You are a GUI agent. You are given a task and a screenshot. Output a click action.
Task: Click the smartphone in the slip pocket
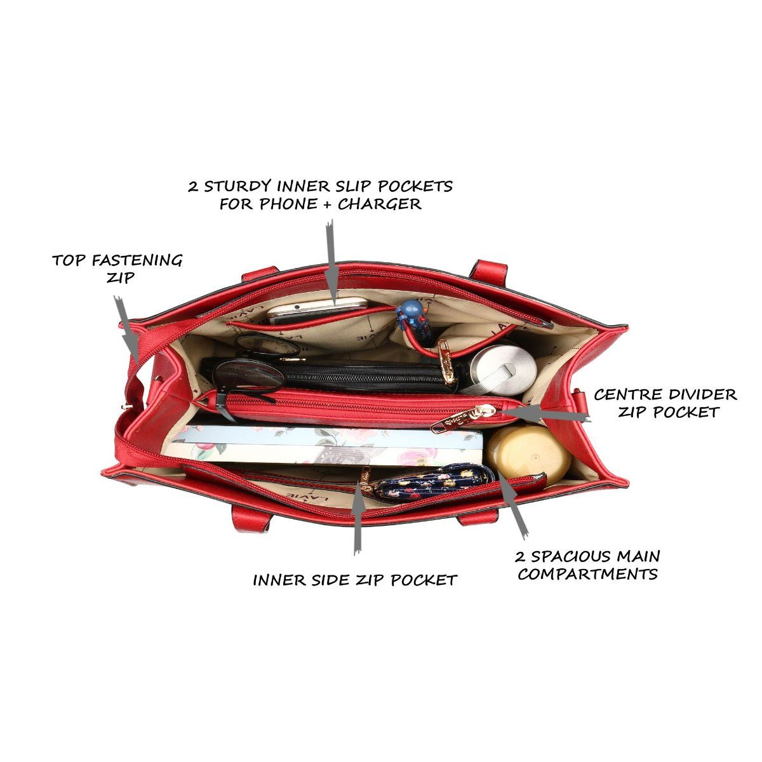click(316, 309)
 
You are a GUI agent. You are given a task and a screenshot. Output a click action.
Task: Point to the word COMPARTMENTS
click(587, 575)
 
